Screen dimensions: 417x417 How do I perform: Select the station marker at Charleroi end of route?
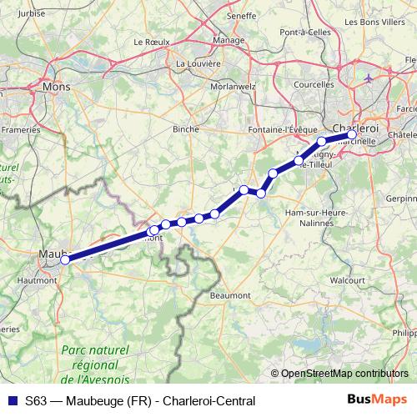pyautogui.click(x=352, y=134)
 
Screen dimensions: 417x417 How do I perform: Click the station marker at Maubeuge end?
pyautogui.click(x=64, y=259)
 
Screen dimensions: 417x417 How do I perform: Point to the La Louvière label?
pyautogui.click(x=198, y=63)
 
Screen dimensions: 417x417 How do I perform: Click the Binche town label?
pyautogui.click(x=184, y=129)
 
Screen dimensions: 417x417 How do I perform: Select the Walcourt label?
pyautogui.click(x=349, y=281)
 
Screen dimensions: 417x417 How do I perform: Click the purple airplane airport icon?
pyautogui.click(x=369, y=78)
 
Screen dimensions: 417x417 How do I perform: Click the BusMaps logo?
pyautogui.click(x=376, y=399)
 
